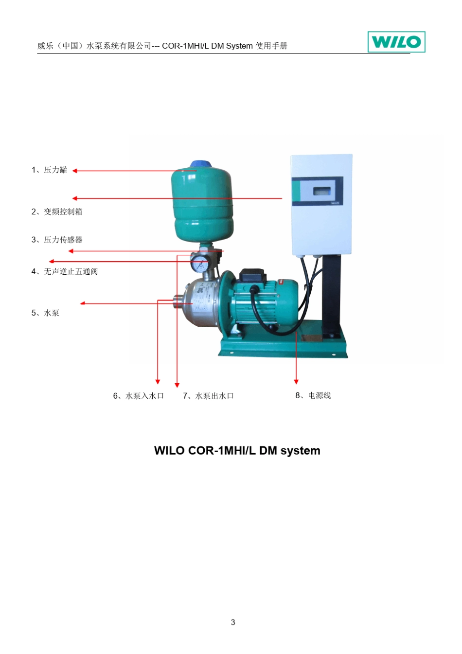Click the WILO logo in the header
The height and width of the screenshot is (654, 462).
point(396,42)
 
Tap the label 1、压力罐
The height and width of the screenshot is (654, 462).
point(49,170)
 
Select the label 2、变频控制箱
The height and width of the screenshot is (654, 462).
point(57,212)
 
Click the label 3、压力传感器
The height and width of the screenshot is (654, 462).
point(57,240)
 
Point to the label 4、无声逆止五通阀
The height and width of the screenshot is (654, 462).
point(65,271)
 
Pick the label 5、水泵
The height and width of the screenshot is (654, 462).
point(45,313)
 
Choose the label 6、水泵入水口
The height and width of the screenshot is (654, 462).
point(139,396)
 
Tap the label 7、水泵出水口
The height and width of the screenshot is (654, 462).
point(209,396)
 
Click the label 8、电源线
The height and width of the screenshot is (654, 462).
point(313,396)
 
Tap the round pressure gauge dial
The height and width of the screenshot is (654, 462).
point(199,263)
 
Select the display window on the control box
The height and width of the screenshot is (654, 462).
point(324,191)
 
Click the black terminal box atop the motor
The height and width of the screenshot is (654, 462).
point(253,275)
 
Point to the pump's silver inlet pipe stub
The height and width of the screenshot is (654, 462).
point(178,301)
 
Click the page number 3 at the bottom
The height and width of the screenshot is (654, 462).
point(233,622)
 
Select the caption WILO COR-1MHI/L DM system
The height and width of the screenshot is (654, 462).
point(237,450)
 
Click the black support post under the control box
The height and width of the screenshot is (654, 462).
point(332,295)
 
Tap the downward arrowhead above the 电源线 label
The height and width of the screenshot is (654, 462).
point(296,382)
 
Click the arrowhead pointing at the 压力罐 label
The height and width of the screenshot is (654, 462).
point(75,171)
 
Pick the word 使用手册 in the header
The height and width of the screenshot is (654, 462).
point(271,46)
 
